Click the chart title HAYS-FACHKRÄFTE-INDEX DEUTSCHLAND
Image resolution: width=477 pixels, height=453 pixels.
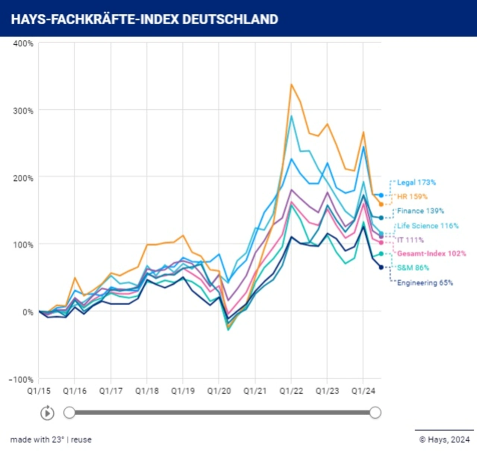click(x=144, y=19)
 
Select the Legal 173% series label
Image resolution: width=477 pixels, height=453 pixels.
click(x=416, y=182)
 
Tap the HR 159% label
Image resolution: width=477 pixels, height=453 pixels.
click(x=412, y=197)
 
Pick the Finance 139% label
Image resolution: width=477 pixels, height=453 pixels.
click(x=420, y=211)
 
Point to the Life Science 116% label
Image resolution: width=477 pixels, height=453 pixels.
click(x=427, y=226)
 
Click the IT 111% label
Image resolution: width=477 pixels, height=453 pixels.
click(x=410, y=240)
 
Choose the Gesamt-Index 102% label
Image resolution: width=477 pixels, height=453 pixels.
click(x=431, y=254)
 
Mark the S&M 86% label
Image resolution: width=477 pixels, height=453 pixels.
click(x=413, y=268)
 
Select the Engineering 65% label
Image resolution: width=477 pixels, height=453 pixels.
click(x=425, y=283)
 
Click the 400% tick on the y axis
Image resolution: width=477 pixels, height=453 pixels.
click(x=23, y=44)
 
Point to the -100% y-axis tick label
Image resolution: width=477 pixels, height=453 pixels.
click(x=21, y=379)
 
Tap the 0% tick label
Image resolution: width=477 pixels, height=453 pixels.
click(x=28, y=312)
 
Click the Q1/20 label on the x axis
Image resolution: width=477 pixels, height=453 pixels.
click(x=219, y=391)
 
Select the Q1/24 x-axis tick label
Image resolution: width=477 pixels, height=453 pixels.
click(x=363, y=391)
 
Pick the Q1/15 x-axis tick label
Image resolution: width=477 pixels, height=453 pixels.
click(x=39, y=391)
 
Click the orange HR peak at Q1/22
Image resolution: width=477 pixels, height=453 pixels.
click(x=291, y=84)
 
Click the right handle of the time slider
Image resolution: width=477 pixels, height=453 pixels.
click(x=375, y=412)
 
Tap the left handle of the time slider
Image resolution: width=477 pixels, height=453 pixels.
click(x=69, y=412)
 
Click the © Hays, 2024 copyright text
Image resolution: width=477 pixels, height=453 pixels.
click(x=444, y=440)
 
